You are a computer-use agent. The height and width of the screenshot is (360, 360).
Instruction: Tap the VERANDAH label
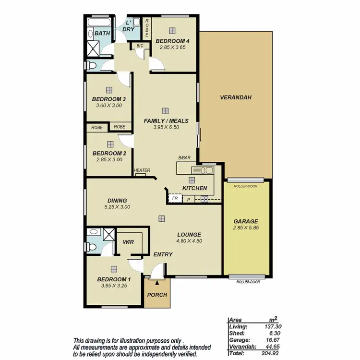click(236, 97)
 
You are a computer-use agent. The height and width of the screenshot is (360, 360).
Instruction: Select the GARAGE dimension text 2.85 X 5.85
click(246, 228)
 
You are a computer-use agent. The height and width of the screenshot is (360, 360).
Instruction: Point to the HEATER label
click(142, 170)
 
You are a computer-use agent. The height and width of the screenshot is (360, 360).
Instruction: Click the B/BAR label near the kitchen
click(184, 158)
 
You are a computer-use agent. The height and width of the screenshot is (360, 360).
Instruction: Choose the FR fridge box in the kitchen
click(175, 198)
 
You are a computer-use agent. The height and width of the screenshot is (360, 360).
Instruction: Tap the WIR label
click(128, 242)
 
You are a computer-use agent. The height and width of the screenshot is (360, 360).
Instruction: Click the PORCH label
click(157, 295)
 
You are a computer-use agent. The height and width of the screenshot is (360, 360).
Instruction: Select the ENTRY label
click(162, 254)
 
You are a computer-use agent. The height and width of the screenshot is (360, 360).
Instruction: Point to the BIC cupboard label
click(140, 46)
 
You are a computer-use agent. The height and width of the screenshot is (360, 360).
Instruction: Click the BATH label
click(102, 33)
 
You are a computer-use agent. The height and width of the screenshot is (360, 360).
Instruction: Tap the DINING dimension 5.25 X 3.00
click(117, 207)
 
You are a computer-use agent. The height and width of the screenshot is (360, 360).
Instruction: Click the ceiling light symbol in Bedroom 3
click(109, 89)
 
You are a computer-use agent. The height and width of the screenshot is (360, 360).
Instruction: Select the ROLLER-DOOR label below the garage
click(248, 282)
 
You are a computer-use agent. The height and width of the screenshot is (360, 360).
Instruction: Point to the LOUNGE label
click(189, 235)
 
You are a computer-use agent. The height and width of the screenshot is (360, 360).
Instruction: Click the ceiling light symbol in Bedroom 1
click(114, 269)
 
